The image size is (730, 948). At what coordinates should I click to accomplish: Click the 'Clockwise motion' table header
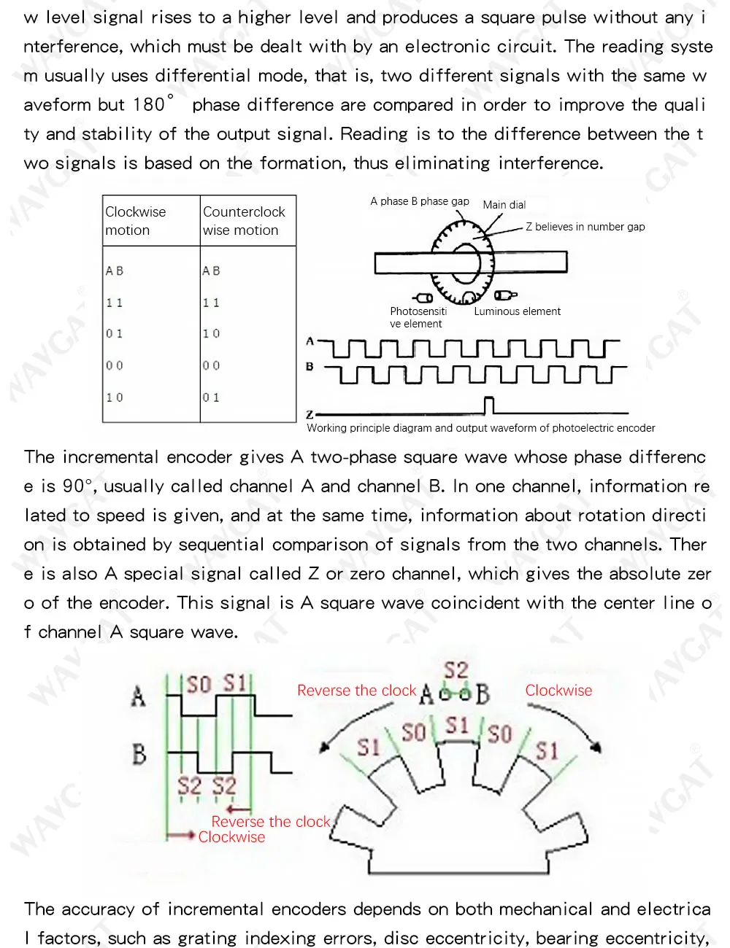(135, 221)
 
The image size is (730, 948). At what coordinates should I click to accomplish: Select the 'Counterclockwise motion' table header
(243, 221)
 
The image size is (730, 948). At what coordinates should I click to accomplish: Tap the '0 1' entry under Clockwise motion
(115, 334)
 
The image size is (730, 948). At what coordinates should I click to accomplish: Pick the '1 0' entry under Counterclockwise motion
(211, 334)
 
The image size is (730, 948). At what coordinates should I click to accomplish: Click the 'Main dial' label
(504, 205)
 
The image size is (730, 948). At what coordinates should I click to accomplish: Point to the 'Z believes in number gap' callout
(585, 227)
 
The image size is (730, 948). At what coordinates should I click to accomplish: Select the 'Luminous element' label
(517, 311)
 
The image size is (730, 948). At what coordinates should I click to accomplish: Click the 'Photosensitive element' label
(418, 317)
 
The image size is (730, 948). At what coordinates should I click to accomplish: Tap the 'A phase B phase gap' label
(419, 201)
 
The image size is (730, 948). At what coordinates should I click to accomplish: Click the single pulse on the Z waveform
(489, 405)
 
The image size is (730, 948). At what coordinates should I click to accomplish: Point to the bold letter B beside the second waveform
(310, 367)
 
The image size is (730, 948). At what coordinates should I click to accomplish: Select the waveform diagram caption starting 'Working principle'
(480, 428)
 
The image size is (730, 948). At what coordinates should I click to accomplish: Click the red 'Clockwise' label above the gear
(558, 691)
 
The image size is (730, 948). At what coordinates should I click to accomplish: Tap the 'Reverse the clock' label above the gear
(356, 691)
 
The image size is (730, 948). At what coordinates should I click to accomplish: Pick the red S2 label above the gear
(456, 669)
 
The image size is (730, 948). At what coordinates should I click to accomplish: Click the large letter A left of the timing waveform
(138, 696)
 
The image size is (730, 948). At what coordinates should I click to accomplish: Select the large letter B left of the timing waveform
(139, 754)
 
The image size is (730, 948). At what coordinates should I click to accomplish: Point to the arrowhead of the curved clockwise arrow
(598, 747)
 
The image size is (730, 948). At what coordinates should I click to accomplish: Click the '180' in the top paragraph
(149, 105)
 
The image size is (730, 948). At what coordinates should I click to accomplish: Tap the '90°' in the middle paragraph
(78, 486)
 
